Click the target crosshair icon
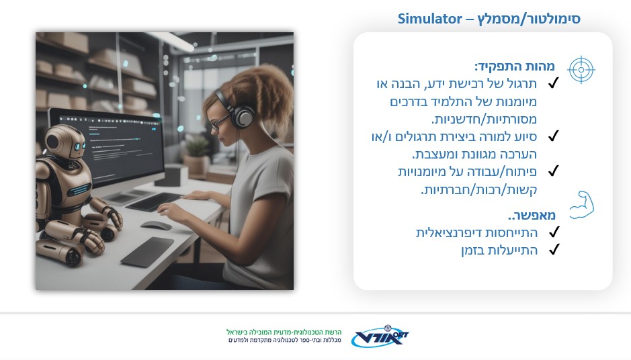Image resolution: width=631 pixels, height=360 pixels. point(581,70)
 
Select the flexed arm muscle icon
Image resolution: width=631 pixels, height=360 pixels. point(582,205)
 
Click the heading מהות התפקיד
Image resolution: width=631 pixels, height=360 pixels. point(515,66)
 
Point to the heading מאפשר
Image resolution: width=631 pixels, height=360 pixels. point(532,215)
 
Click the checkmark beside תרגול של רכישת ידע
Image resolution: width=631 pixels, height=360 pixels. point(554,83)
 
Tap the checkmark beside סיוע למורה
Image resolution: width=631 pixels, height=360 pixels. point(554,136)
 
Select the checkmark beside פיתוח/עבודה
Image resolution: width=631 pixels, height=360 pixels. point(554,171)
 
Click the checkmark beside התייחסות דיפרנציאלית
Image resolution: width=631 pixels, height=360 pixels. point(554,232)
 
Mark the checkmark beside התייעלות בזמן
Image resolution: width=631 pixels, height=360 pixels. point(554,249)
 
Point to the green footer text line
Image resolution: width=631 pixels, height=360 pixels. point(284,332)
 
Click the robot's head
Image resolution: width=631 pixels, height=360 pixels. point(65,141)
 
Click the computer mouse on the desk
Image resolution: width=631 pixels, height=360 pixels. point(156,226)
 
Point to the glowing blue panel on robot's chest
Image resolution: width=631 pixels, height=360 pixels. point(79,189)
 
